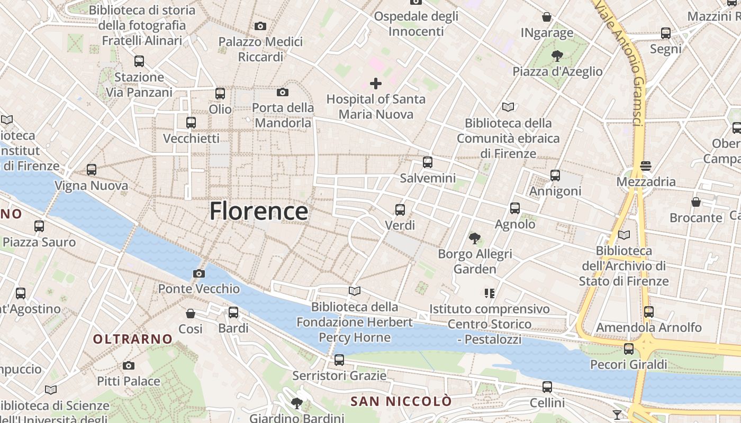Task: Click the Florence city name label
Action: (259, 211)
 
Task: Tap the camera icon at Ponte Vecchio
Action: (199, 273)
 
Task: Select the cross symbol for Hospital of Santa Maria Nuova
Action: (376, 83)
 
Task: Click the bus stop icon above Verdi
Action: (400, 210)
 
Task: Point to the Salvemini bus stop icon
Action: (428, 162)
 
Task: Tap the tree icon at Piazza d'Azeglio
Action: (557, 56)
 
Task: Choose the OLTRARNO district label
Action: (133, 339)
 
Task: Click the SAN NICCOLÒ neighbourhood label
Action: (401, 401)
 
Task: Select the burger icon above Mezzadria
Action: (645, 166)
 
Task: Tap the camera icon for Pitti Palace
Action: (128, 365)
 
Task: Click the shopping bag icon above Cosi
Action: (191, 314)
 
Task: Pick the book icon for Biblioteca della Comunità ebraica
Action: (508, 107)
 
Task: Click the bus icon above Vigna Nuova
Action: (92, 170)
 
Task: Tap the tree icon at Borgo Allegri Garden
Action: (475, 238)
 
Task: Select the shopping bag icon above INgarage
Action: (547, 17)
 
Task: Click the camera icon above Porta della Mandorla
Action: (283, 92)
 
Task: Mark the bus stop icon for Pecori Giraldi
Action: (628, 349)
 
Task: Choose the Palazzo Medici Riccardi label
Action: (260, 49)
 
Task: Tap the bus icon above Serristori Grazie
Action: (339, 360)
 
